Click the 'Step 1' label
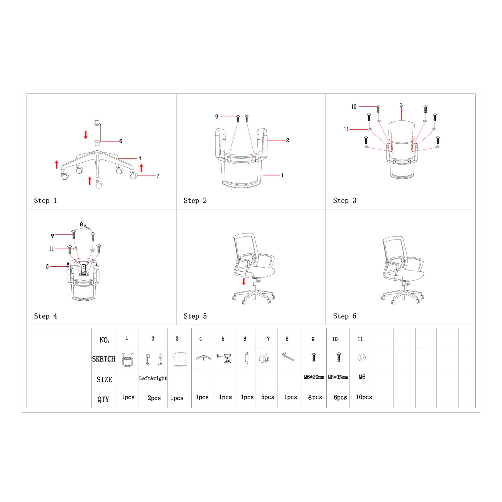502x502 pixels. tap(45, 201)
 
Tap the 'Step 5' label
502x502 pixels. tap(195, 316)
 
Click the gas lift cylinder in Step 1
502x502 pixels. tap(97, 133)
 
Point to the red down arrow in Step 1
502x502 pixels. tap(86, 135)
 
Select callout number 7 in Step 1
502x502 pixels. tap(158, 176)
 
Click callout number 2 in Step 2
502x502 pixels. tap(288, 140)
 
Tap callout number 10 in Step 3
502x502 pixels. tap(354, 107)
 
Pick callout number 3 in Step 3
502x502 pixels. tap(401, 105)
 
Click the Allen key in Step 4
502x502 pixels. tap(87, 227)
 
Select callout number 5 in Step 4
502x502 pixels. tap(47, 267)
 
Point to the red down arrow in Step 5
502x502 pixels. tap(244, 281)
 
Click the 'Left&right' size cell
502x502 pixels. tap(153, 378)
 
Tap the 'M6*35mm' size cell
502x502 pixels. tap(338, 377)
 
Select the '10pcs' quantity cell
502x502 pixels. tap(364, 397)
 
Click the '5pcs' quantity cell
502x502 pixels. tap(267, 397)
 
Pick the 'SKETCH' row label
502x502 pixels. tap(104, 359)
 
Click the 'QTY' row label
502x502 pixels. tap(103, 399)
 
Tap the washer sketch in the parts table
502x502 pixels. tap(362, 358)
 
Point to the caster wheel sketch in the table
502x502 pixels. tap(264, 358)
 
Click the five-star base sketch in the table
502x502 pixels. tap(203, 358)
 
